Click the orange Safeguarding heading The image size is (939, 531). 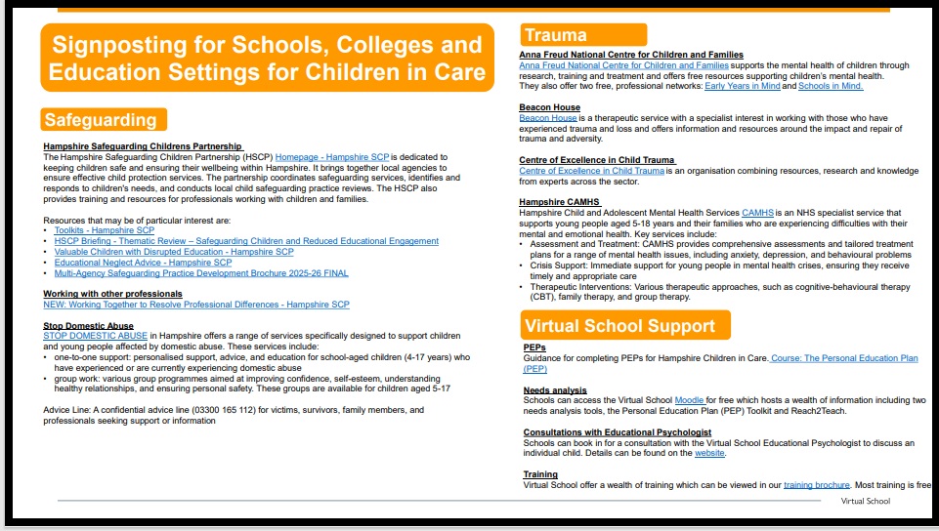coord(101,120)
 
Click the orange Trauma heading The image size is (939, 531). coord(555,36)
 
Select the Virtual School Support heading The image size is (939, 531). coord(619,326)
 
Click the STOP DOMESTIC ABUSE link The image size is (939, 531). coord(95,336)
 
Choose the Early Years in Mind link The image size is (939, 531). coord(742,86)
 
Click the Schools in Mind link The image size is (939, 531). coord(831,86)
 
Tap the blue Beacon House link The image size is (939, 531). coord(548,118)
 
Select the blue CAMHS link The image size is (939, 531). coord(757,212)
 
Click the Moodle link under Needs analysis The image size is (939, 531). coord(690,400)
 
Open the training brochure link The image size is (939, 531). coord(816,485)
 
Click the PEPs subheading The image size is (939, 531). coord(534,347)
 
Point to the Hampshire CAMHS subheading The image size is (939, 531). coord(559,202)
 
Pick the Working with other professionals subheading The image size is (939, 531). coord(112,294)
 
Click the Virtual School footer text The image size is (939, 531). coord(866,502)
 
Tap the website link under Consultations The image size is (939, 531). coord(709,453)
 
